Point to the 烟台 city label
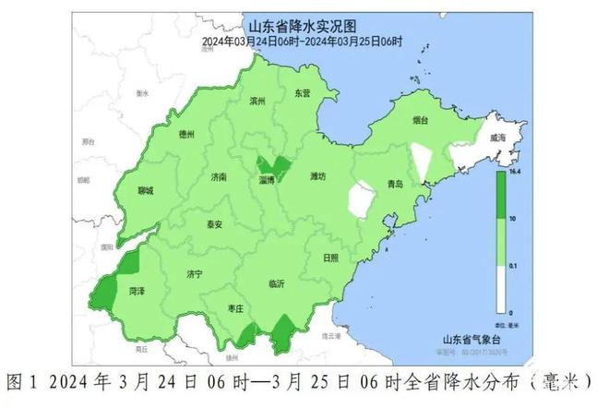pos(420,119)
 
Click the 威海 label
pos(498,138)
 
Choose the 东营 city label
pos(303,93)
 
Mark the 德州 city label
pos(186,135)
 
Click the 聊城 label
pos(145,191)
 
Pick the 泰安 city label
pos(214,224)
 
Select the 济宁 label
pos(194,274)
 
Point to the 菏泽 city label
pos(137,290)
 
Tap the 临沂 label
pos(276,283)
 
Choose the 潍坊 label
pos(318,175)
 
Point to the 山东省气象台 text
pos(470,340)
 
